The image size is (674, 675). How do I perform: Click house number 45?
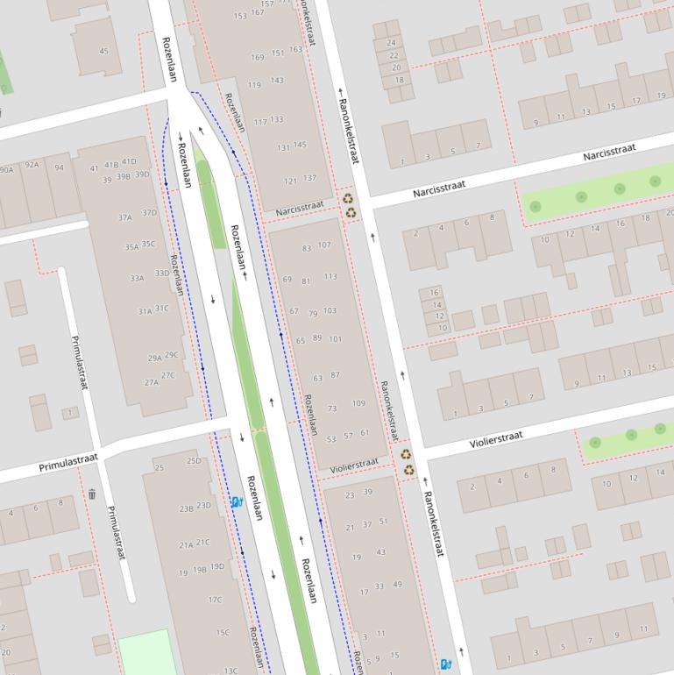[104, 51]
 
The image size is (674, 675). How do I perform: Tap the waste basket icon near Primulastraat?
[92, 494]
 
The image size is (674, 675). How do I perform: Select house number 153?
[240, 16]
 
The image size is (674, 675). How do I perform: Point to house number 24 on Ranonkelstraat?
[391, 42]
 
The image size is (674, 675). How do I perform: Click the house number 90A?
[6, 169]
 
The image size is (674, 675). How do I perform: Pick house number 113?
[330, 276]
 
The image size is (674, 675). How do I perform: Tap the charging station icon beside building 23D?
[237, 501]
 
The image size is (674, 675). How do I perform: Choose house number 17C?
[215, 600]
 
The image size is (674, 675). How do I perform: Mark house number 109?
[358, 403]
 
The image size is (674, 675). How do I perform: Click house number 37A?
[125, 217]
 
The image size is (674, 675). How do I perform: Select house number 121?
[290, 181]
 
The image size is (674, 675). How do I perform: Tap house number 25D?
[194, 460]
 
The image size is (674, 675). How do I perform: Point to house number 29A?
[154, 358]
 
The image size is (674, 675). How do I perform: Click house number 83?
[306, 248]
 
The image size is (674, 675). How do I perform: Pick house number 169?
[258, 58]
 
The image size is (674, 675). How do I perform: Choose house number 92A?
[32, 164]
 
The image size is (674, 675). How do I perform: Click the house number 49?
[397, 585]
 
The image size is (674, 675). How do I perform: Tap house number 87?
[335, 375]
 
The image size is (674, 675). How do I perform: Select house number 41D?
[129, 161]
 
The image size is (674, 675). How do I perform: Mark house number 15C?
[223, 632]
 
